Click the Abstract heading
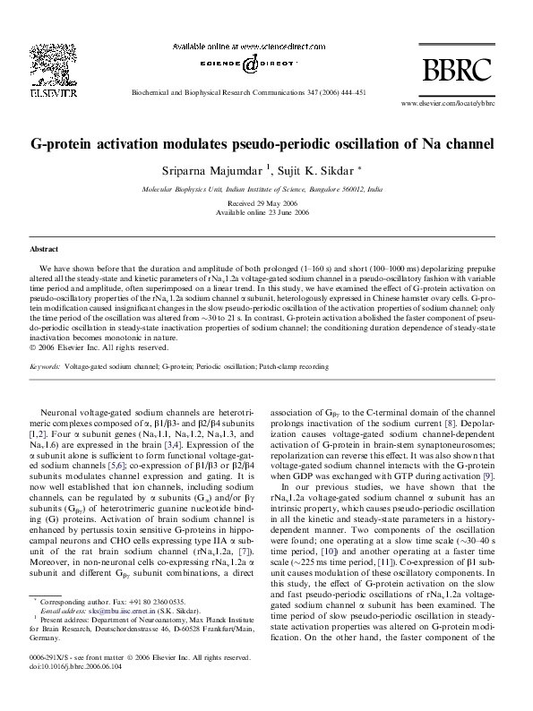point(44,248)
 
